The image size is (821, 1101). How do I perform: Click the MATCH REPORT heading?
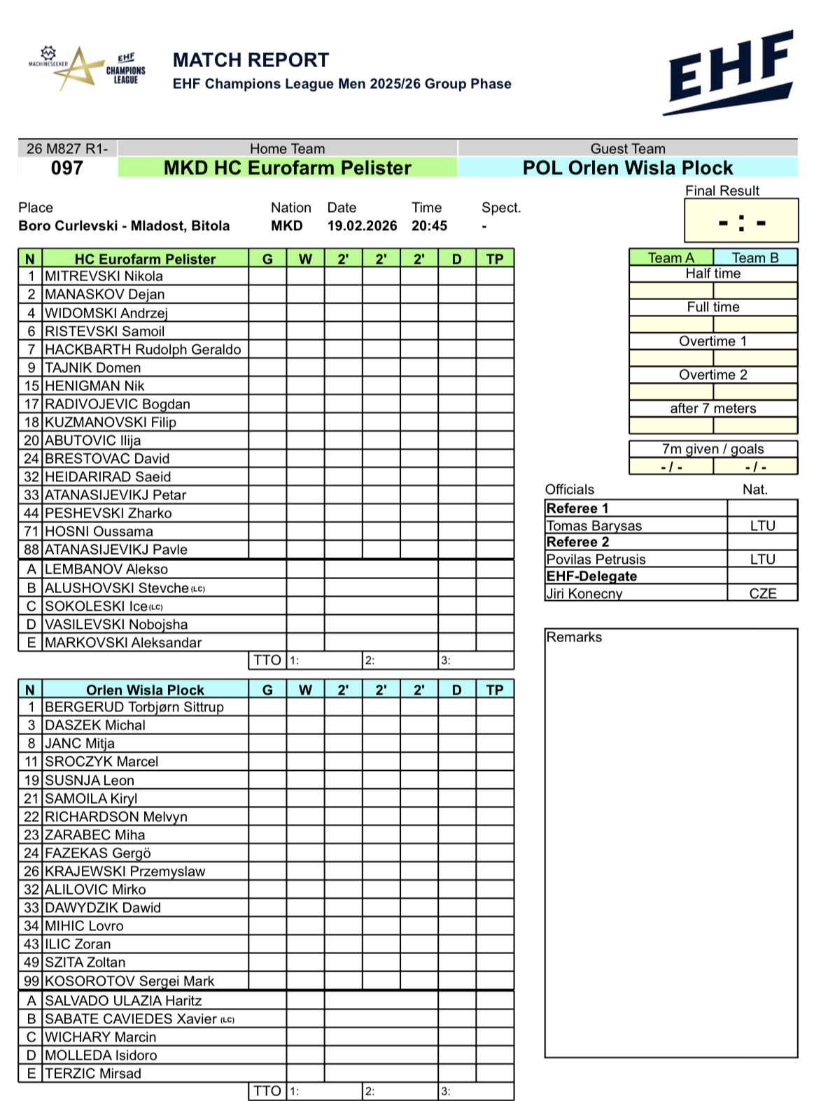251,60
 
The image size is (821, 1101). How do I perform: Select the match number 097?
67,168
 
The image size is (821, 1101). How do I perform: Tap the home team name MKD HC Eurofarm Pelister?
287,168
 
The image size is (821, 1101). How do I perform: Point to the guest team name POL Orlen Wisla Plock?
627,168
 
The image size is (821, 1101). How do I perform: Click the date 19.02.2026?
362,226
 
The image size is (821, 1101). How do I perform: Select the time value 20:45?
429,226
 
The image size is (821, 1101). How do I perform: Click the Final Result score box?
741,221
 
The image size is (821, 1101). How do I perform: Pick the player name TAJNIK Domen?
92,368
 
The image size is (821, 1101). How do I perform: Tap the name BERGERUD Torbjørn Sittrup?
134,707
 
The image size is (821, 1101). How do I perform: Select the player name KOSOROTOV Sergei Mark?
129,981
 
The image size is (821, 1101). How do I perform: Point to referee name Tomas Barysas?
594,526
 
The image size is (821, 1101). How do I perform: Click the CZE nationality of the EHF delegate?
762,594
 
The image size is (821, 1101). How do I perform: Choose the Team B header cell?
755,257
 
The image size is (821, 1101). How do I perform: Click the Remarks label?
574,637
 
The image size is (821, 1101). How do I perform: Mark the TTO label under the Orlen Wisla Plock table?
267,1091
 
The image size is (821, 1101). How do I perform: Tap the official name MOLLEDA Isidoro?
101,1056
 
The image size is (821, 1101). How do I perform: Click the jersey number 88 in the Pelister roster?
31,550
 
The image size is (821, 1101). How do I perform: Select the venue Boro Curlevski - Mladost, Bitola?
124,226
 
